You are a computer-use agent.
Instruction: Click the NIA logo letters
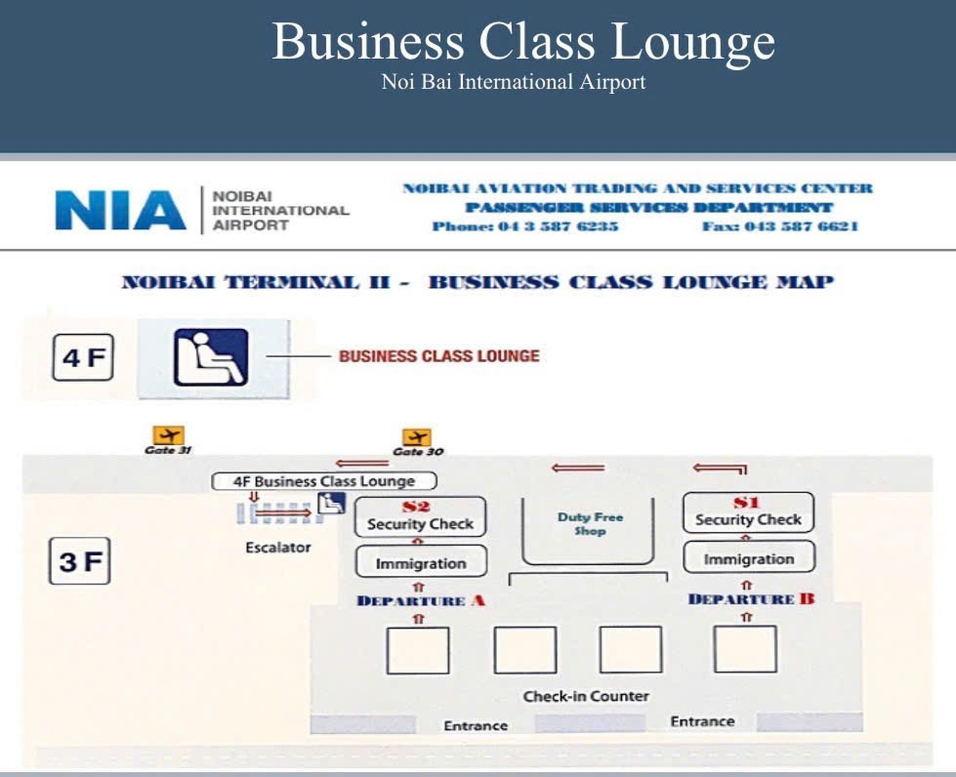[121, 210]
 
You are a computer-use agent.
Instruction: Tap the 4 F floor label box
[83, 357]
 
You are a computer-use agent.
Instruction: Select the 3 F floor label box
[80, 561]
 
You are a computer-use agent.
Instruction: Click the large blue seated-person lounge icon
[211, 357]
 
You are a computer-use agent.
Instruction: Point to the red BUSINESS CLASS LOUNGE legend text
[439, 356]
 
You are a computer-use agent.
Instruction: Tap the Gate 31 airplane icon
[168, 435]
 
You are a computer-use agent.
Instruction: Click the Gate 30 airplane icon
[417, 437]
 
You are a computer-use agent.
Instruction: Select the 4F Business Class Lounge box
[324, 481]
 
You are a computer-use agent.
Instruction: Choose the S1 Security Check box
[749, 512]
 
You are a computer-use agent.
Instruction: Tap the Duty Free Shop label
[590, 524]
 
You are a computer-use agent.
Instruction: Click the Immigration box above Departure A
[421, 561]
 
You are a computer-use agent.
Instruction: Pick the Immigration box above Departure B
[749, 556]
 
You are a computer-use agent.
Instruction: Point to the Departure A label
[421, 601]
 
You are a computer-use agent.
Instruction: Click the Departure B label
[751, 599]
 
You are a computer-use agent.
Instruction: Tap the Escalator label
[278, 548]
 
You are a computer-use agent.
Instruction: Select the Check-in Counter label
[586, 696]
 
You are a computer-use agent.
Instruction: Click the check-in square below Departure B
[745, 649]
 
